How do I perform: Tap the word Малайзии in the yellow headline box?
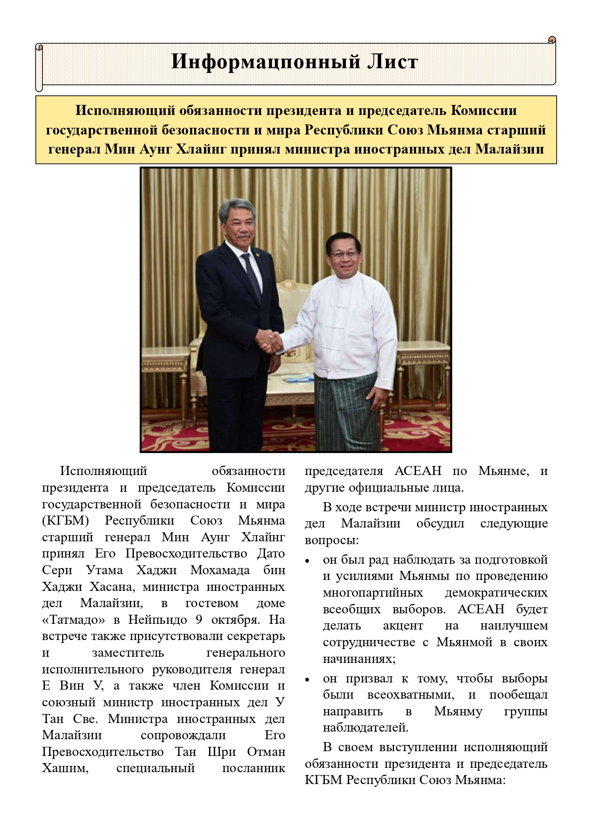(509, 149)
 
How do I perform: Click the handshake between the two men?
(273, 341)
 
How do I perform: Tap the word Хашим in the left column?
(65, 768)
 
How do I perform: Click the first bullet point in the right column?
(308, 560)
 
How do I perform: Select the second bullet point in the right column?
(308, 679)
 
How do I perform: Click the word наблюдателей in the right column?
(365, 728)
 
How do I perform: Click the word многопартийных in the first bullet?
(373, 593)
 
